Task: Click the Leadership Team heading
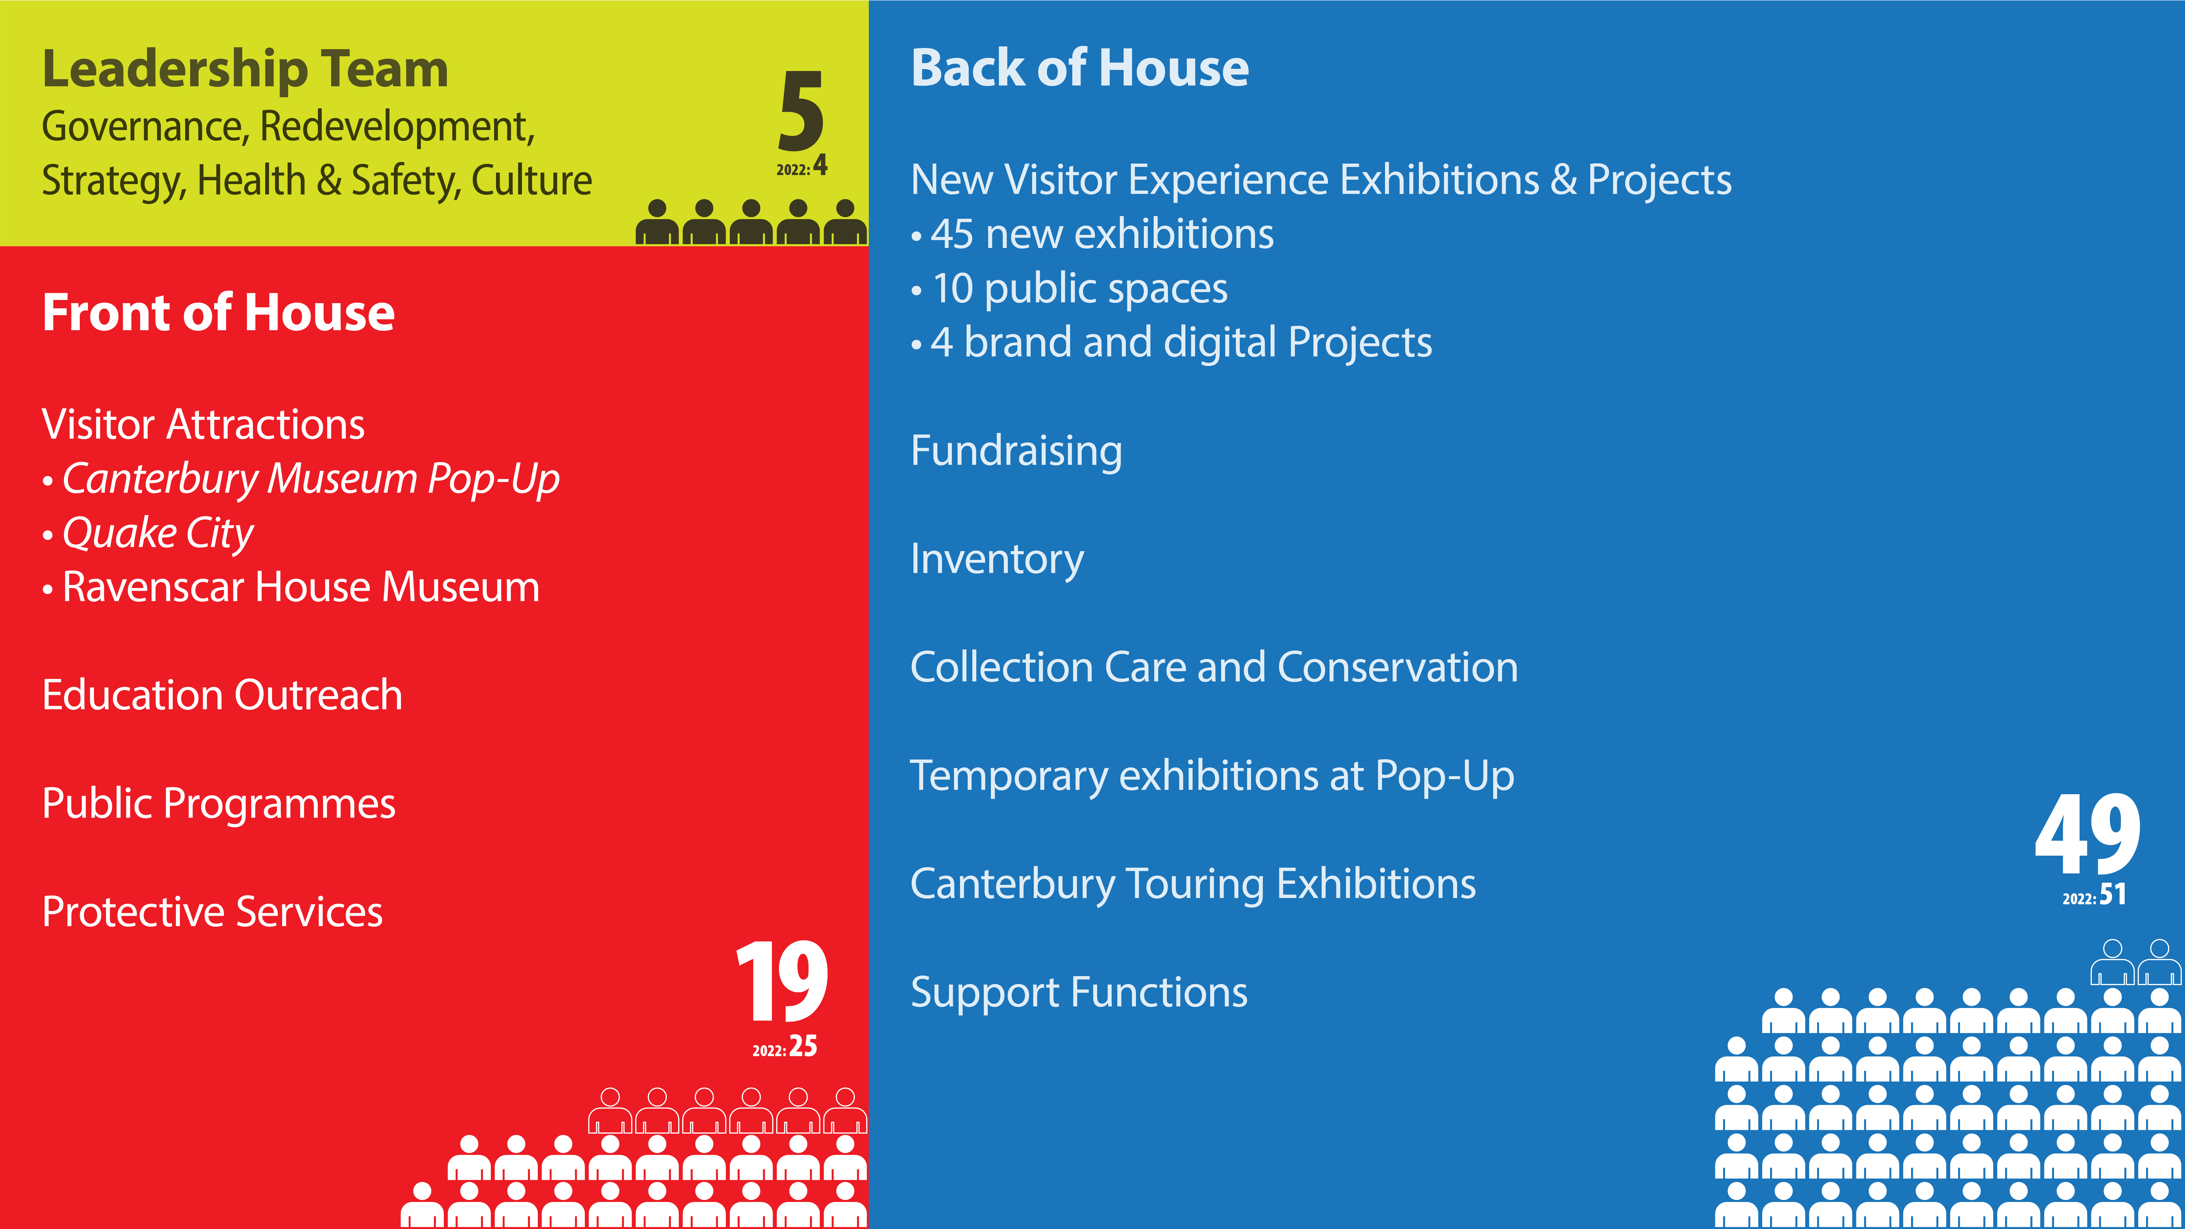(x=245, y=70)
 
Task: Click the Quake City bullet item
(x=148, y=533)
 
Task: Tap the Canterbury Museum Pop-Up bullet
(x=301, y=479)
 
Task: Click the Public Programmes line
(x=219, y=804)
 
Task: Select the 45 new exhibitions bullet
(x=1092, y=234)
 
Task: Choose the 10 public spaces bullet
(x=1070, y=289)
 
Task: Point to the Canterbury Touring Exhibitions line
(x=1194, y=885)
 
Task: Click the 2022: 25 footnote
(x=785, y=1047)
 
